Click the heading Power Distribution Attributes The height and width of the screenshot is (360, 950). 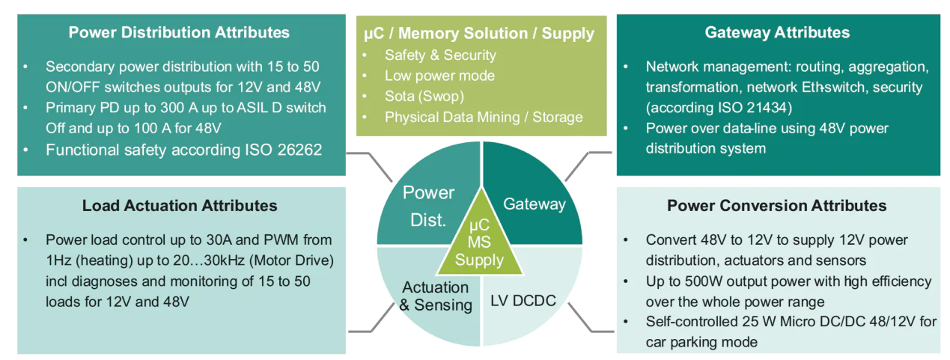click(179, 33)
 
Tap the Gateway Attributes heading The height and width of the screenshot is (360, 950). click(777, 33)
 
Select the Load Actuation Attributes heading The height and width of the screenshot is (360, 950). click(180, 205)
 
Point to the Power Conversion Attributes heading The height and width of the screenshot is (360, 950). click(777, 205)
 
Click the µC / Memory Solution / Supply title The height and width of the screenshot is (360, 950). click(478, 34)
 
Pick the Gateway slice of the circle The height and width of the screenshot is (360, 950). click(534, 204)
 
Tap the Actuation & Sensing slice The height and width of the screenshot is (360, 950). click(435, 297)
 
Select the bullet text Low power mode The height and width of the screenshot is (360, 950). click(439, 76)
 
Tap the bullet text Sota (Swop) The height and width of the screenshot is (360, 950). click(423, 97)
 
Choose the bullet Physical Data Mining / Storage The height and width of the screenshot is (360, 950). click(483, 117)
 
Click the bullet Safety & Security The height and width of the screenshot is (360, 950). click(440, 55)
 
